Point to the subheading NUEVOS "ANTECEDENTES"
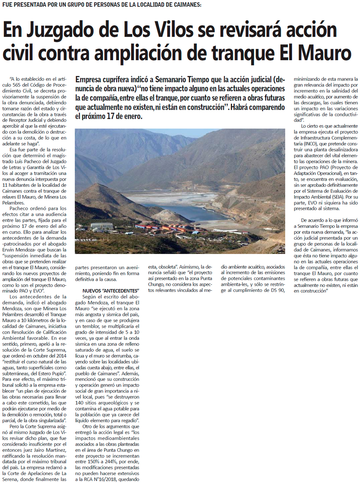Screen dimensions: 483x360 pos(111,291)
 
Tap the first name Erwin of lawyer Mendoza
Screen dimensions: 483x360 pos(9,250)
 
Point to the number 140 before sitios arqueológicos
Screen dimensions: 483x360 pos(80,403)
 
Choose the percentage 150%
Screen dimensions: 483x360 pos(93,462)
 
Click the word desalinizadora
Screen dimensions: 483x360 pos(341,150)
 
